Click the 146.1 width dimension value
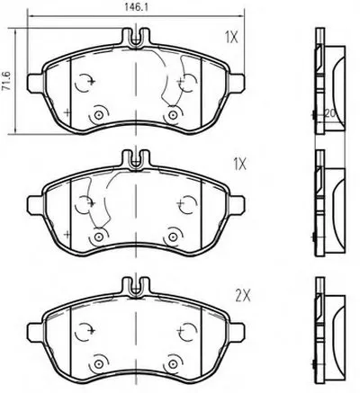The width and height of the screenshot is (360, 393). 136,7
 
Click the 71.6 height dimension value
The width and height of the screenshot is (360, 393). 6,81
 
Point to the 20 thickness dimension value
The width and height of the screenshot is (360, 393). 329,113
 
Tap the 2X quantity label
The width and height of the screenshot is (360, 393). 242,296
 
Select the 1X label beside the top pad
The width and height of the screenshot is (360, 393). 231,38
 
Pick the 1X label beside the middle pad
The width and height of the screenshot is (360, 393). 239,165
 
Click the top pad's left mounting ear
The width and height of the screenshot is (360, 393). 35,83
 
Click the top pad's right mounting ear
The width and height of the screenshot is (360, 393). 238,83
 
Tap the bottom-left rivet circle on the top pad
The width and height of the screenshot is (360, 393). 98,115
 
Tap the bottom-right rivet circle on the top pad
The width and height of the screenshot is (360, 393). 173,115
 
